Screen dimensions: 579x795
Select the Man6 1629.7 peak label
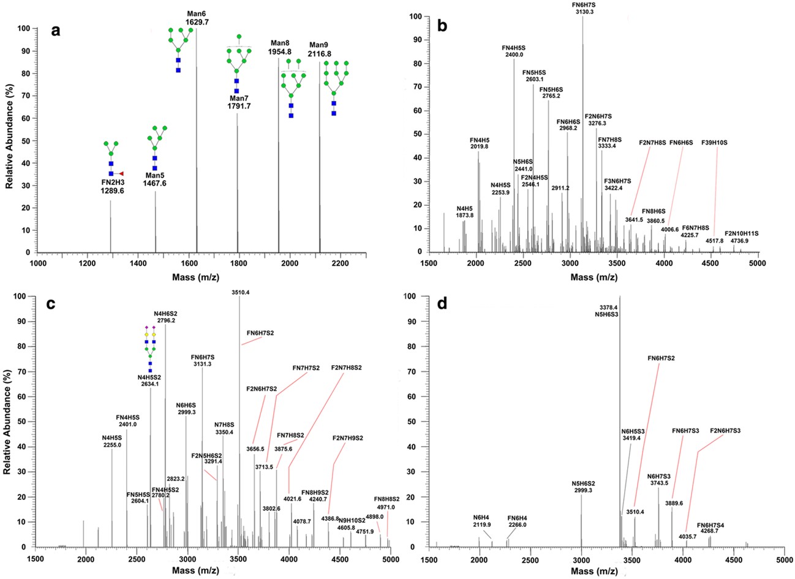pyautogui.click(x=196, y=17)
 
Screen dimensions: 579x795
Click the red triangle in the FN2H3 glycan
pyautogui.click(x=121, y=174)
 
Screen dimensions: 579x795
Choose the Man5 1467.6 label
pyautogui.click(x=156, y=179)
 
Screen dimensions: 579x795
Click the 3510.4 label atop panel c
pyautogui.click(x=239, y=293)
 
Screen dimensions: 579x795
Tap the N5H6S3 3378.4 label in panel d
pyautogui.click(x=619, y=311)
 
